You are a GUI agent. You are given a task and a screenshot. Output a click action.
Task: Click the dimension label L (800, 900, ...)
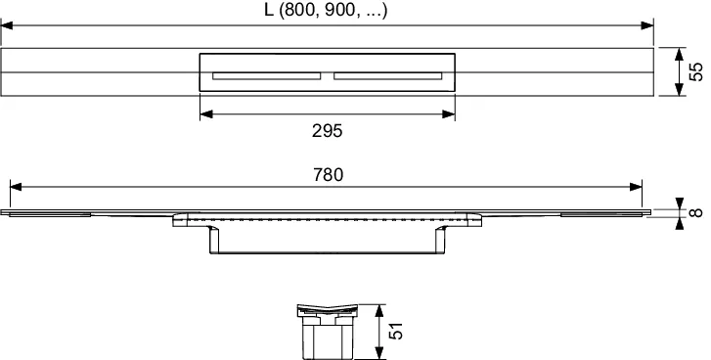coord(326,11)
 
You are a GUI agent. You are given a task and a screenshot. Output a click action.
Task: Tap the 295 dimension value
coord(327,131)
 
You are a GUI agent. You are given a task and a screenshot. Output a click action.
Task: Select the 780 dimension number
coord(329,174)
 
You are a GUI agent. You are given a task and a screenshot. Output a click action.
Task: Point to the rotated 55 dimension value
coord(695,71)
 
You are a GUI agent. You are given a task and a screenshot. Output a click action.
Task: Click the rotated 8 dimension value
coord(696,212)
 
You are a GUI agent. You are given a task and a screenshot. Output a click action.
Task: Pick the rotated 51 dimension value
coord(395,331)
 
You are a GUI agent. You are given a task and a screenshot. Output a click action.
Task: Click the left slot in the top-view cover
coord(267,75)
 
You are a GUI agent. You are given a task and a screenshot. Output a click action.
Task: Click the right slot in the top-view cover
coord(388,75)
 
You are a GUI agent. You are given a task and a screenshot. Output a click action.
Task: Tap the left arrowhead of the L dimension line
coord(7,25)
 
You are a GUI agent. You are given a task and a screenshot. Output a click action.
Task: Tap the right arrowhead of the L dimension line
coord(647,25)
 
